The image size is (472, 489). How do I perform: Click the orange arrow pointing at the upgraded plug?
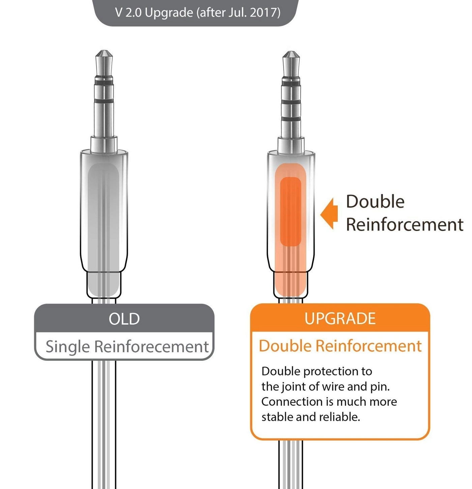[x=329, y=214]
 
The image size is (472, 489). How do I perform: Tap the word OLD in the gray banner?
[x=124, y=319]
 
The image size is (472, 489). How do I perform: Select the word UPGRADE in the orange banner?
[x=340, y=318]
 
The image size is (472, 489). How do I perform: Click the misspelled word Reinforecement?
[x=151, y=347]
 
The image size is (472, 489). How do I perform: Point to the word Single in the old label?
[x=67, y=347]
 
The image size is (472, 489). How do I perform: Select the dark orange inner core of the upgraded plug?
[x=291, y=211]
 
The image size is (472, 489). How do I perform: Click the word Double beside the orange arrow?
[x=375, y=202]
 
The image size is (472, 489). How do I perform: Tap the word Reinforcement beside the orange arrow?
[x=405, y=225]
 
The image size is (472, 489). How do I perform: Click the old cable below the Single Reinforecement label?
[x=104, y=422]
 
